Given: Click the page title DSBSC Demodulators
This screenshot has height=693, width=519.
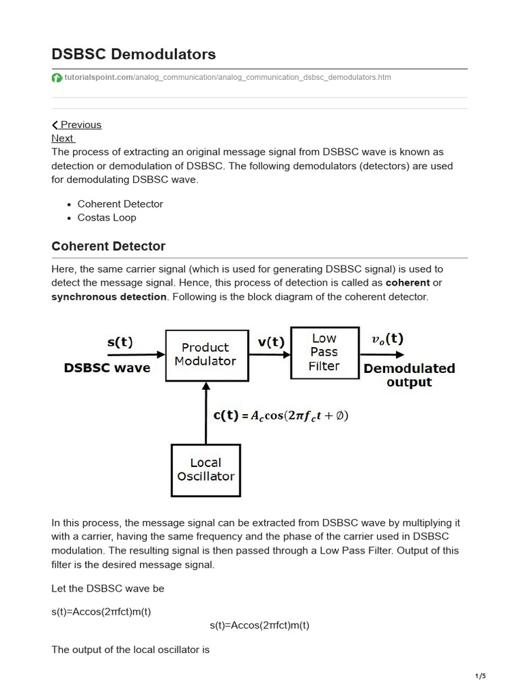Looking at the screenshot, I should click(x=134, y=53).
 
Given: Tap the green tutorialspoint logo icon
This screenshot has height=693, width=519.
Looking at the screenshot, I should click(x=57, y=78).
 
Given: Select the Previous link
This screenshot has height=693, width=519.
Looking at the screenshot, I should click(x=77, y=125).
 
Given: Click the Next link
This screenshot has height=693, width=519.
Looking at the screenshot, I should click(x=63, y=138).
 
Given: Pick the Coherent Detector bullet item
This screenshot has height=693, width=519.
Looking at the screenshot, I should click(x=120, y=204).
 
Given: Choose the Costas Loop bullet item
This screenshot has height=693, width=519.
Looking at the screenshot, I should click(x=107, y=217).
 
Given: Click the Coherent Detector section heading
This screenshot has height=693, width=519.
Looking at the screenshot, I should click(x=108, y=246).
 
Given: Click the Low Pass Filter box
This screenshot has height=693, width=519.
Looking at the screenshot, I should click(x=324, y=353).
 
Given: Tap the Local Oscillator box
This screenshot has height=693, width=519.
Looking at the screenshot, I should click(x=205, y=470).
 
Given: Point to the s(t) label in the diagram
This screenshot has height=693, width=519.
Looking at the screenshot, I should click(x=120, y=342).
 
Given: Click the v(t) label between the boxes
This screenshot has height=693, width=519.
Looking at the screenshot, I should click(x=270, y=342).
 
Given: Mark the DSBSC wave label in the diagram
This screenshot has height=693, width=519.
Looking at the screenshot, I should click(x=107, y=369).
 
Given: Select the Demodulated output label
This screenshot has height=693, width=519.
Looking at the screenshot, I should click(x=409, y=376).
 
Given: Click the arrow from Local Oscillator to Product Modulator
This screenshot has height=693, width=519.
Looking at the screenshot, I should click(x=205, y=413).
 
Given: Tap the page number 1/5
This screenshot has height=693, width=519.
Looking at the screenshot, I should click(x=480, y=676).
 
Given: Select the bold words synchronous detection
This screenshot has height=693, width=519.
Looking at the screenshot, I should click(x=109, y=296).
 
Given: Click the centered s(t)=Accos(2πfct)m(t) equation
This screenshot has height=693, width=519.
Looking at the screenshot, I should click(x=259, y=625).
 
